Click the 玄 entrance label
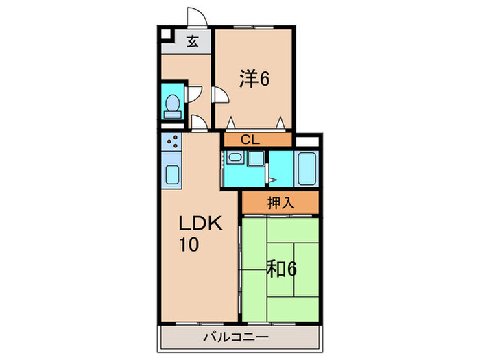click(x=193, y=41)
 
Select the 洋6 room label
click(x=253, y=78)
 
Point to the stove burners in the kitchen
click(x=173, y=144)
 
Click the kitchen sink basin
click(x=172, y=176)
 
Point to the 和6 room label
click(x=281, y=269)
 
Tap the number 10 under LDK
click(x=189, y=244)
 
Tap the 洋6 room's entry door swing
click(x=221, y=95)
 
